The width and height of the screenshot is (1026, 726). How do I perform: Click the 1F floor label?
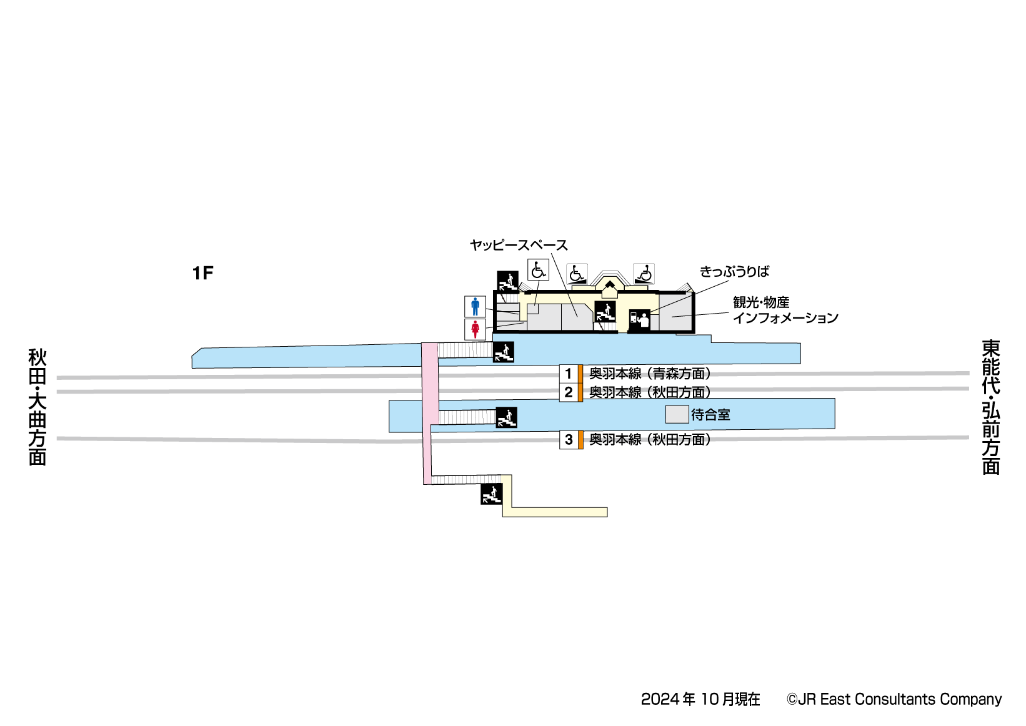pos(202,273)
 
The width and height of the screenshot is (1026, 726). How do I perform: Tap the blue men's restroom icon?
pos(475,307)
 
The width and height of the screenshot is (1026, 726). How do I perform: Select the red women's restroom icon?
pos(475,329)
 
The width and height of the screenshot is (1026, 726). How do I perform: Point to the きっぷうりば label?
pos(734,272)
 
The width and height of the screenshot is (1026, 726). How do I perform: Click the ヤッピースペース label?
pos(519,246)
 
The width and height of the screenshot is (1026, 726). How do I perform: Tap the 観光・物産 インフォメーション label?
pos(785,310)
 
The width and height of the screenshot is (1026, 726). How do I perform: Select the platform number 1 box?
pos(568,374)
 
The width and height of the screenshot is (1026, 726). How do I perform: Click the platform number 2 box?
pos(568,392)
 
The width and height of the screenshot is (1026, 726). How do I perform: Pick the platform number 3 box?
pos(568,440)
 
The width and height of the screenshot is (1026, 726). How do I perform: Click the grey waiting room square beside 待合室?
pos(677,414)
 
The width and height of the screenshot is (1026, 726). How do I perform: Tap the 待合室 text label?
pos(710,415)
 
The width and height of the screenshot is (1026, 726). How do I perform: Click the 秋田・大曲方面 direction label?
pos(37,407)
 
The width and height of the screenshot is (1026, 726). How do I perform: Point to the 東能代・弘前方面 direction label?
pos(990,407)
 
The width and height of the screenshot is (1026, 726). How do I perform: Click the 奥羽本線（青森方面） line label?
pos(650,374)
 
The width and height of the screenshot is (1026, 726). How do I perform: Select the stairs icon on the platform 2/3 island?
pos(506,417)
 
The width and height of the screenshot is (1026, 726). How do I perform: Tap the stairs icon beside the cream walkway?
pos(491,494)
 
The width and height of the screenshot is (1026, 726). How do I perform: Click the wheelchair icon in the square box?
pos(538,270)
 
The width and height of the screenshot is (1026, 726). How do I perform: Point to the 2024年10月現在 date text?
pos(700,699)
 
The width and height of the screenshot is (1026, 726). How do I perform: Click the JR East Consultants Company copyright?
pos(894,699)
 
